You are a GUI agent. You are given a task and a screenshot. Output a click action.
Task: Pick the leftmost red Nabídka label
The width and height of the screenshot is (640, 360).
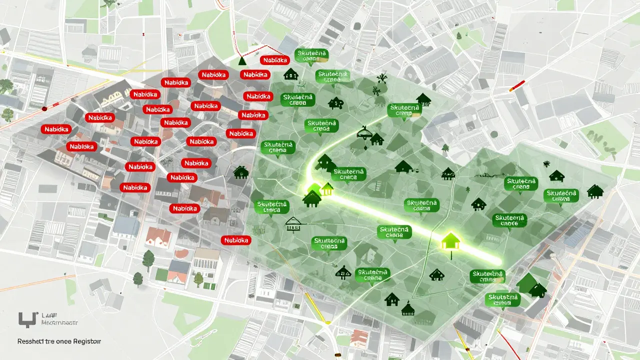57,129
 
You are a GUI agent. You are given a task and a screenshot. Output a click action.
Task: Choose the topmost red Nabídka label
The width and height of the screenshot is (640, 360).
274,60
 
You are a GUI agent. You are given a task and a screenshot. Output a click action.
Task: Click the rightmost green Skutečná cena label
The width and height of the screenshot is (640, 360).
561,195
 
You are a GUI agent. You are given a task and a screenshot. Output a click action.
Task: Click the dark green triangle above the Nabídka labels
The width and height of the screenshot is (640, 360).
243,61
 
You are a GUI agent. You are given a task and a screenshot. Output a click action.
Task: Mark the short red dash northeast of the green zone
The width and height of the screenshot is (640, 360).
517,85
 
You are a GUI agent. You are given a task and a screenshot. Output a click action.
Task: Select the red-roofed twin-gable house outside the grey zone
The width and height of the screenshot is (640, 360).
158,236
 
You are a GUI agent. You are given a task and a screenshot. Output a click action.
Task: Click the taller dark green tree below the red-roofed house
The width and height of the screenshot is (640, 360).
148,259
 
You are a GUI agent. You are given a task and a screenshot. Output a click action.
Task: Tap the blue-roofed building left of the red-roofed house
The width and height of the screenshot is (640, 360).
125,226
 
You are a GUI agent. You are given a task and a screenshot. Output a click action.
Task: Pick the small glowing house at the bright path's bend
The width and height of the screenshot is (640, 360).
327,189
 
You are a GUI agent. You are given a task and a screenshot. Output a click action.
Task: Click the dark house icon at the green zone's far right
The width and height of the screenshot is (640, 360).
595,190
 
